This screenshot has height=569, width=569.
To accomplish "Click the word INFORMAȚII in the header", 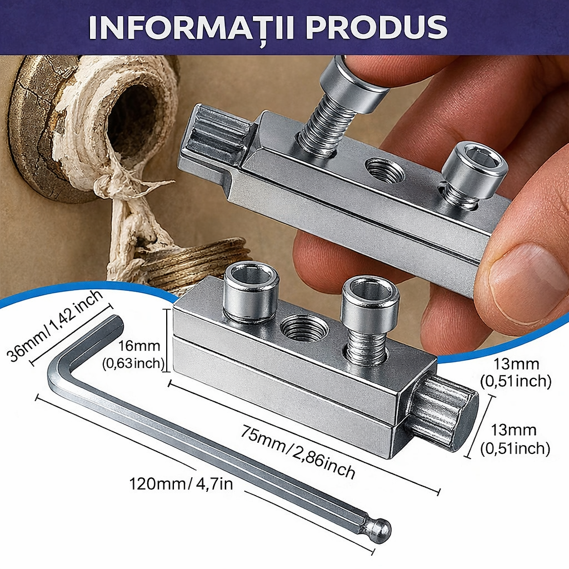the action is (192, 28).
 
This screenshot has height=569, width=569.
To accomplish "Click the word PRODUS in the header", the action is (377, 27).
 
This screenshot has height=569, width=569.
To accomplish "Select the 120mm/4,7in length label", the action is (181, 484).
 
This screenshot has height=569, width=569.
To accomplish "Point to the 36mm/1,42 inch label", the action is (55, 326).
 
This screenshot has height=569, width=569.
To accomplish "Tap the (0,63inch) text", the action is (133, 363).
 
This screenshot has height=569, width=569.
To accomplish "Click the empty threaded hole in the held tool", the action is (384, 171).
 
